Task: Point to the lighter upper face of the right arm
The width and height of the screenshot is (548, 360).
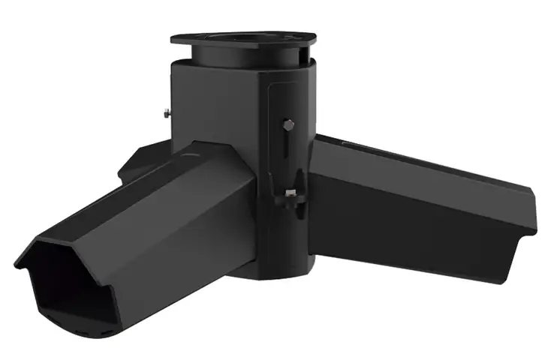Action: pyautogui.click(x=420, y=169)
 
